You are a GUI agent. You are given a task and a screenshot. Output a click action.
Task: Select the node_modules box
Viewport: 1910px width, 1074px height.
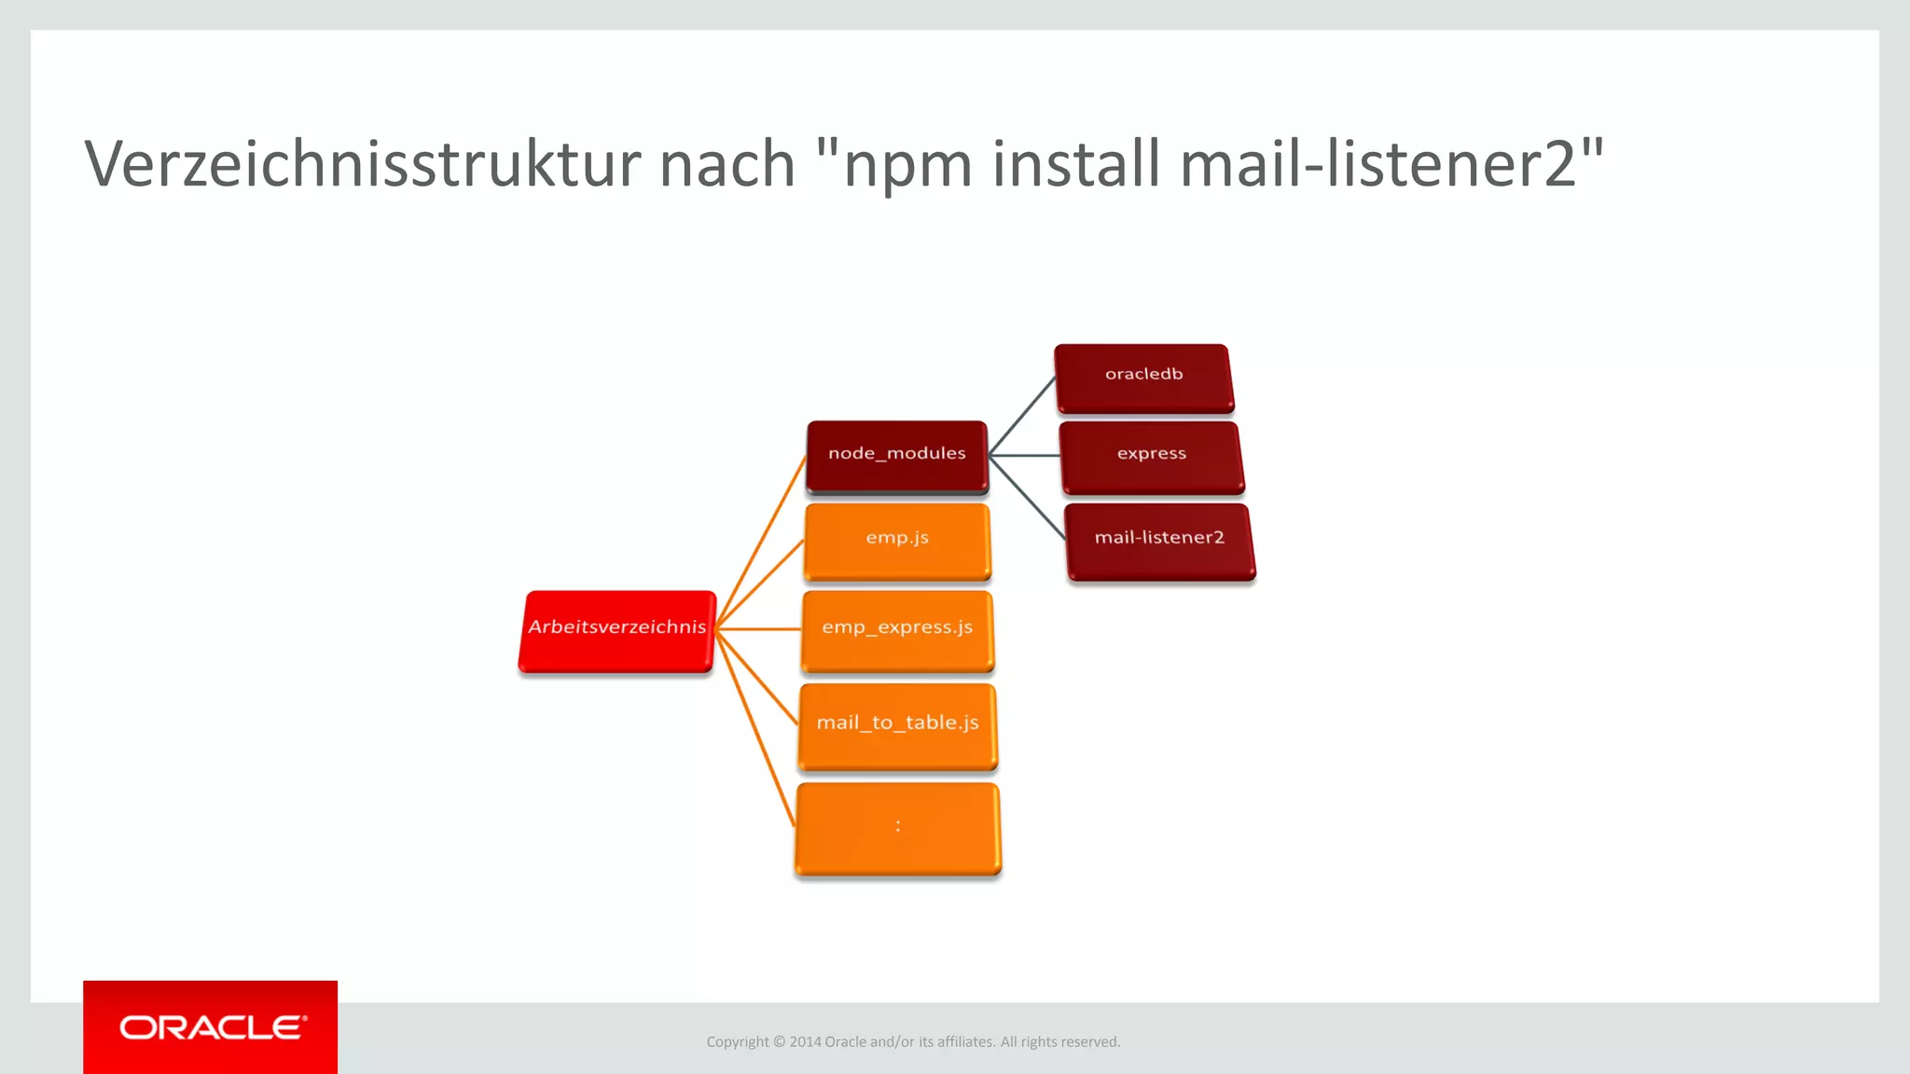coord(896,455)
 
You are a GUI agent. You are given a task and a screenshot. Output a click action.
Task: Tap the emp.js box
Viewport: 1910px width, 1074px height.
coord(896,540)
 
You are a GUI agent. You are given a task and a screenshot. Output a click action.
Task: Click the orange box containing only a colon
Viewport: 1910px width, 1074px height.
coord(897,828)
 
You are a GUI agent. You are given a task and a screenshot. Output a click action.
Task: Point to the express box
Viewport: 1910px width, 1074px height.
coord(1152,456)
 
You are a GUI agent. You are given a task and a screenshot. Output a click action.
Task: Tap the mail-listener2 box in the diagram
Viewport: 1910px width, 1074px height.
coord(1159,540)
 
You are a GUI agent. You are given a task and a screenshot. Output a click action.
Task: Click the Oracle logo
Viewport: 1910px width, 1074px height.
coord(211,1027)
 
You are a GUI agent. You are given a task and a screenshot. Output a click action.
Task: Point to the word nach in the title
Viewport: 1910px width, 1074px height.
coord(727,164)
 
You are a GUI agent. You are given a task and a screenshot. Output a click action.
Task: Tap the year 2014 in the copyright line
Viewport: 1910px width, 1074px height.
coord(805,1042)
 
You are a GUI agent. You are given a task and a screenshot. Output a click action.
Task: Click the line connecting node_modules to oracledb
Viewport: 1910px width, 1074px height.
coord(1022,416)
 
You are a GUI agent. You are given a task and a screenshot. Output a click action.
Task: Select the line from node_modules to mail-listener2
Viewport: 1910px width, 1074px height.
coord(1026,497)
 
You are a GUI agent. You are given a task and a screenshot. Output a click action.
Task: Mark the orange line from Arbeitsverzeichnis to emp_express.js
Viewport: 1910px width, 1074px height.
coord(757,629)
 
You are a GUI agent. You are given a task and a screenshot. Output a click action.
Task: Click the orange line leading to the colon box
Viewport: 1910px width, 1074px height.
coord(755,728)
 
